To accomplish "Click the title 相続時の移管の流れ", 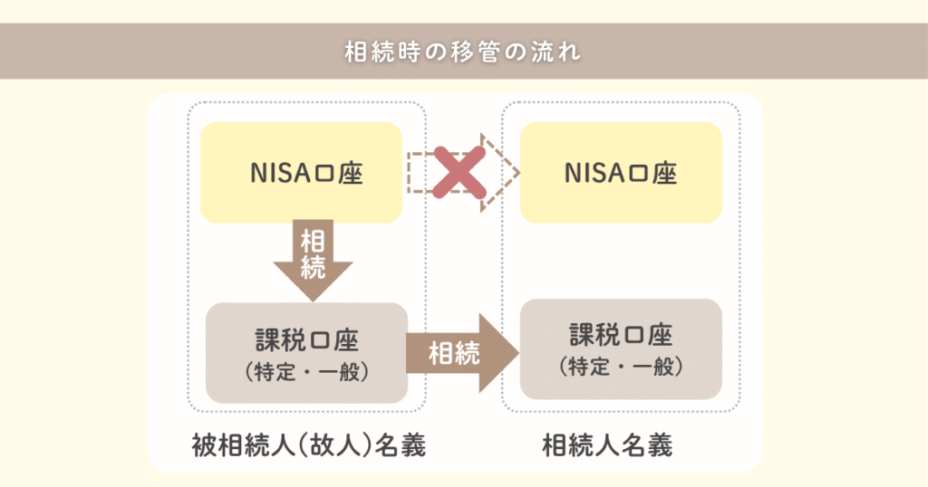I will point(463,51).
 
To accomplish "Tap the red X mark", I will point(457,172).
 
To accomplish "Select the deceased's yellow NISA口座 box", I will point(301,173).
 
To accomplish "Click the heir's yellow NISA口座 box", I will point(621,173).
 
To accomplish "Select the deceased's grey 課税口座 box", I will point(307,352).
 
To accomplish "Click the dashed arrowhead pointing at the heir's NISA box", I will point(503,172).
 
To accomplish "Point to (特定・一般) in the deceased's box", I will point(307,371).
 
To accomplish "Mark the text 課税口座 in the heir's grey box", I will point(621,335).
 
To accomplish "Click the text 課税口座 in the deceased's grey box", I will point(307,340).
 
